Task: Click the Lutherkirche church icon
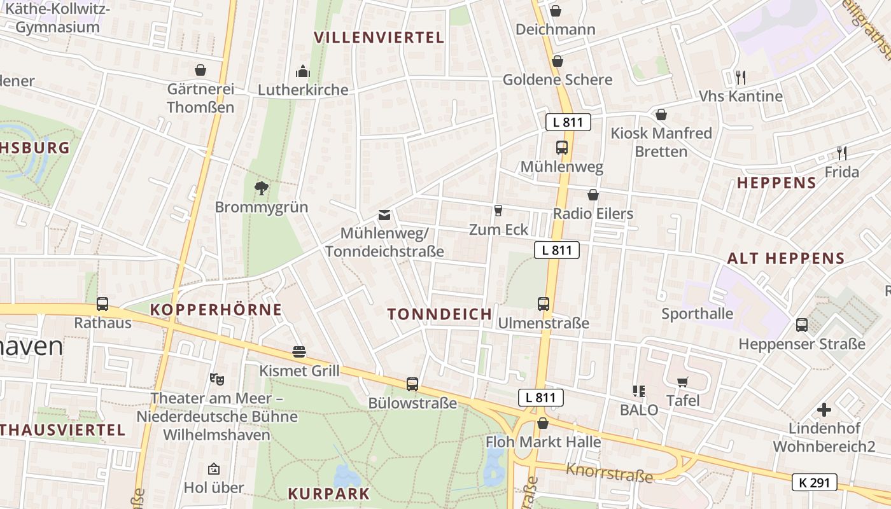(x=303, y=71)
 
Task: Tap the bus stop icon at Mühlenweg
(x=561, y=148)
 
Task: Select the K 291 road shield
(x=814, y=482)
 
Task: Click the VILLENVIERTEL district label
(x=379, y=38)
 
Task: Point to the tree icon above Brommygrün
(x=261, y=188)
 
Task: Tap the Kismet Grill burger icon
(x=299, y=351)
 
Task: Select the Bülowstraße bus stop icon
(x=412, y=384)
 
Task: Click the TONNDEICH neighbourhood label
(x=440, y=314)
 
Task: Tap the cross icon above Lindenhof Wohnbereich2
(x=824, y=409)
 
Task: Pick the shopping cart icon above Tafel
(x=683, y=382)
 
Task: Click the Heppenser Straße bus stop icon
(x=802, y=325)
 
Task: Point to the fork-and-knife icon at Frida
(x=841, y=153)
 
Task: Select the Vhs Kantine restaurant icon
(x=740, y=78)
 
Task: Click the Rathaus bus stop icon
(x=102, y=304)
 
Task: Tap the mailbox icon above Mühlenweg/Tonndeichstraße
(x=384, y=215)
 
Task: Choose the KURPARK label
(x=329, y=494)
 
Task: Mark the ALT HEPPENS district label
(x=785, y=258)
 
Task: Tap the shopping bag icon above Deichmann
(x=556, y=11)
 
